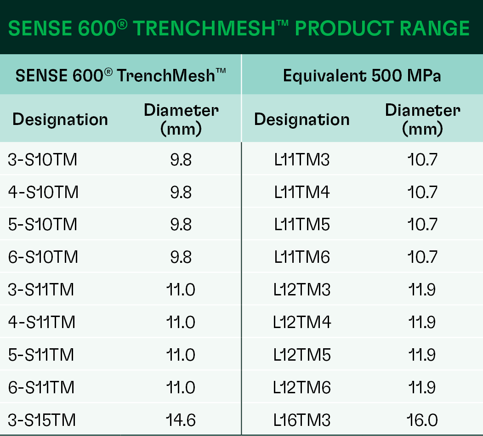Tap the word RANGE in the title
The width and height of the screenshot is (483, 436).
(435, 28)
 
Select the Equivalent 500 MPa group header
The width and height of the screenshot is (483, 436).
(362, 76)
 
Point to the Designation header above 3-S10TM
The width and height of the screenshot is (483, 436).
(60, 119)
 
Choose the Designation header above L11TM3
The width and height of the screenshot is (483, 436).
(302, 119)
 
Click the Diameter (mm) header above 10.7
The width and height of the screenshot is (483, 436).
(423, 119)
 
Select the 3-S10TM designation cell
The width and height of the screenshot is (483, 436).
(42, 160)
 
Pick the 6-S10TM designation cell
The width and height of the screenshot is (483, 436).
(43, 257)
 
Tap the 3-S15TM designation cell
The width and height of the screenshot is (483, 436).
(41, 420)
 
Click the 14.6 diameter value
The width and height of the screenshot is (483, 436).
(181, 420)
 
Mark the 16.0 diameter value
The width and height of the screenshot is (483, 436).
(422, 420)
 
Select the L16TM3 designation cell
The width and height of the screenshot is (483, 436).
(302, 420)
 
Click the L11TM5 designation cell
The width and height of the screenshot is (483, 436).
(302, 225)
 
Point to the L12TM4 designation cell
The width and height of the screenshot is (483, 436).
(302, 323)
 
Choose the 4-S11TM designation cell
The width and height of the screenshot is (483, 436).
(41, 323)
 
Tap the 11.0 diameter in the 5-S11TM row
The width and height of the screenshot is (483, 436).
(181, 355)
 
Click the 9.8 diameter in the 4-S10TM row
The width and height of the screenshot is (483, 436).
(181, 193)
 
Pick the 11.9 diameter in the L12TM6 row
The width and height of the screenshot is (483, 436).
(422, 387)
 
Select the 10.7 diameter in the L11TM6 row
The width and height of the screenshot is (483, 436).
(422, 257)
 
